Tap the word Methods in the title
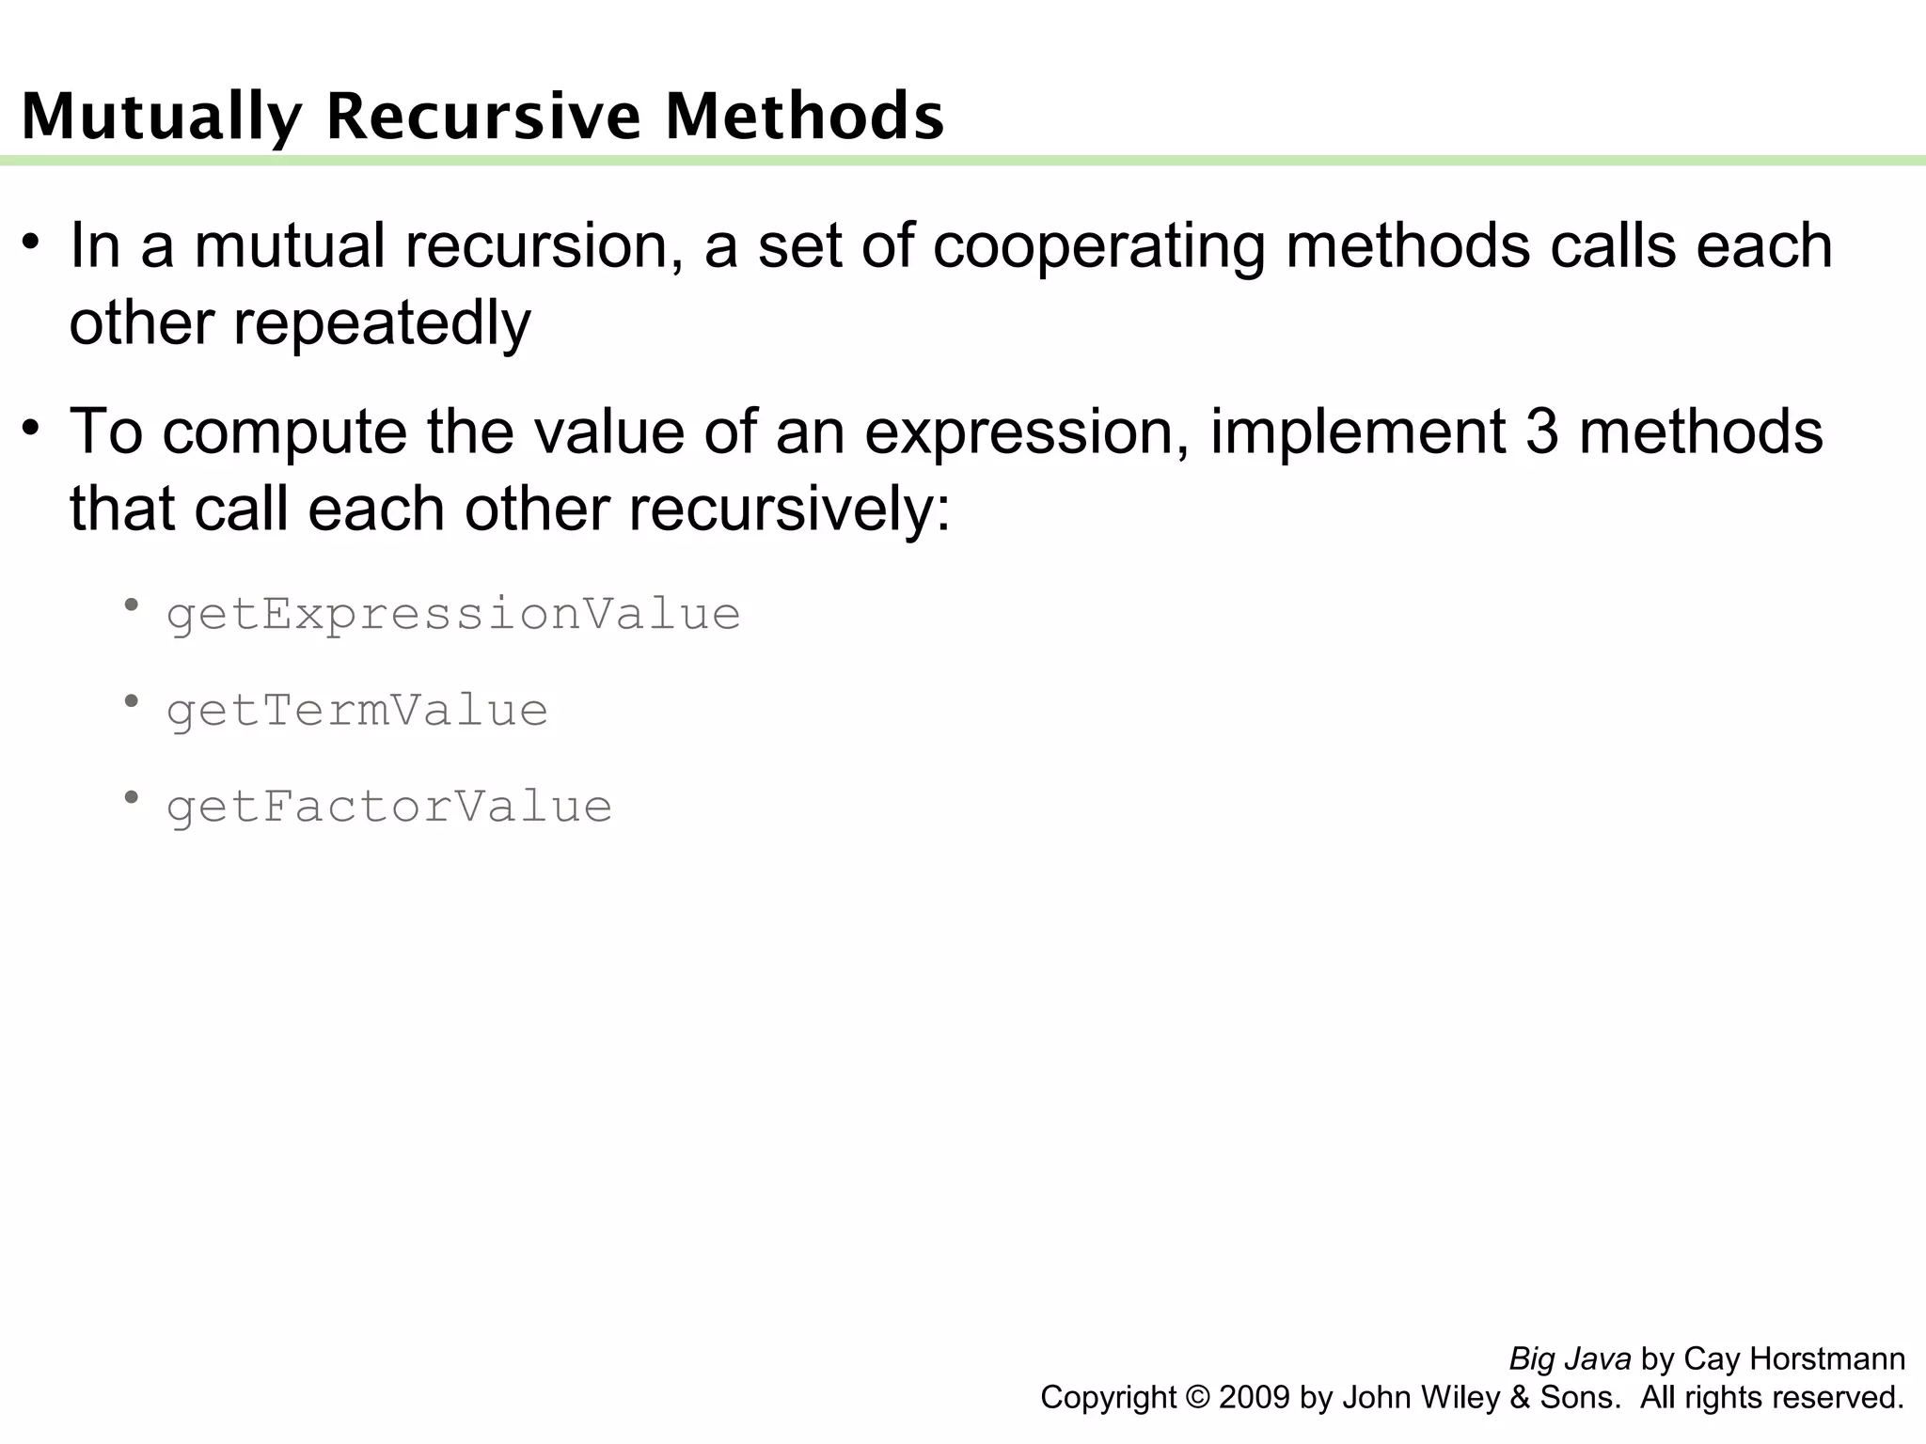pos(804,117)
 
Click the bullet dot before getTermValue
pos(132,700)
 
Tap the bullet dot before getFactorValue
pos(132,797)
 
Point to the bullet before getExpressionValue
pos(132,604)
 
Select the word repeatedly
pos(382,323)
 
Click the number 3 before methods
pos(1542,432)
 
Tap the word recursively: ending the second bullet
pos(789,510)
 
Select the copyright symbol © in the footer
pos(1198,1398)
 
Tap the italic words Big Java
pos(1570,1359)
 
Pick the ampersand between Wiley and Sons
pos(1519,1398)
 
